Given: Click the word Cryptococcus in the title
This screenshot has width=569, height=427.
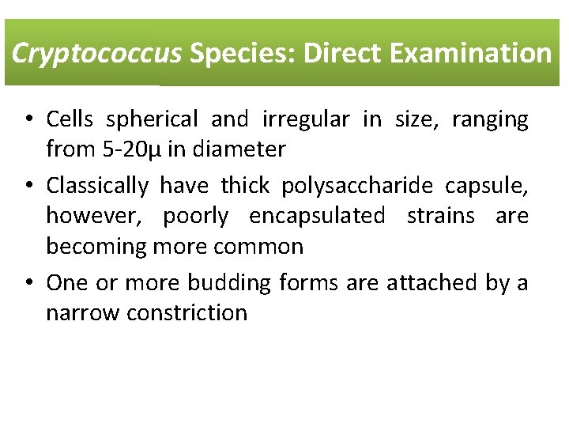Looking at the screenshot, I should coord(97,53).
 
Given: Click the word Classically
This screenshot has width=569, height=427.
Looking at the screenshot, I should coord(97,186).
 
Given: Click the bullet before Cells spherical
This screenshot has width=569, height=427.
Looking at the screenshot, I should coord(28,120).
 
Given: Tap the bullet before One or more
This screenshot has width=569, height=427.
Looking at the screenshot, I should coord(28,283).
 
